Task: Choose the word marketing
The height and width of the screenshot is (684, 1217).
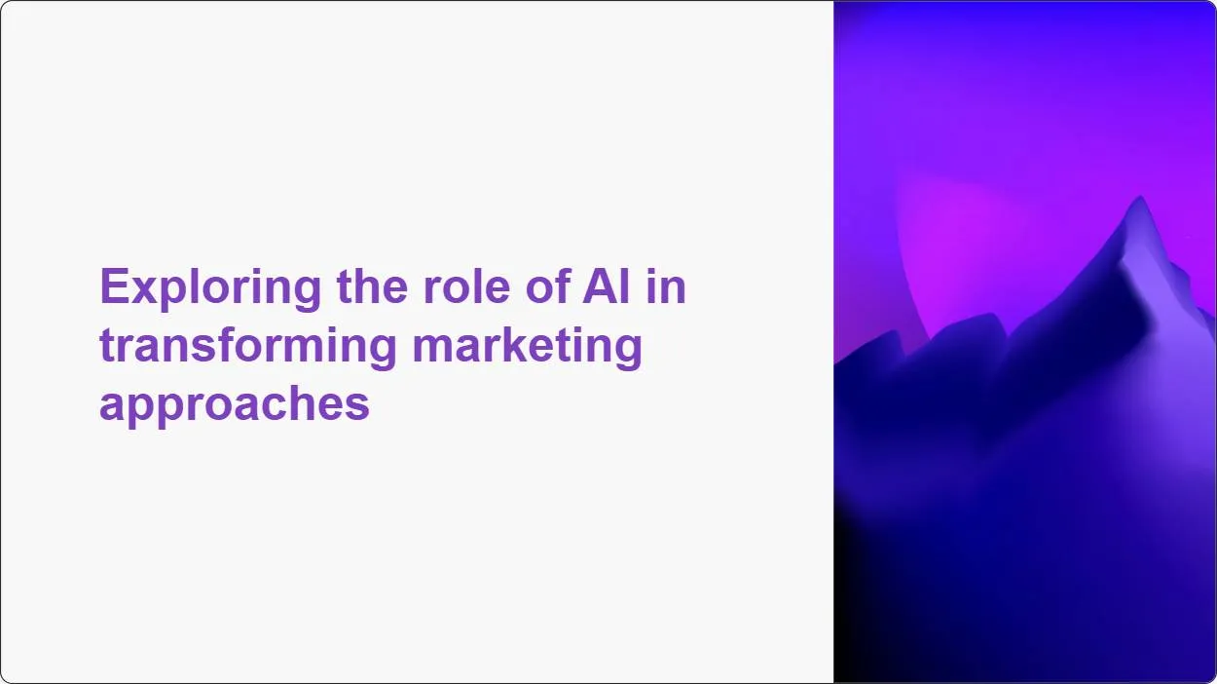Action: pyautogui.click(x=527, y=346)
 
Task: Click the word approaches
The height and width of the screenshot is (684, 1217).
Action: pyautogui.click(x=234, y=402)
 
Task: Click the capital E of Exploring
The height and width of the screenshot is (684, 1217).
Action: pyautogui.click(x=112, y=288)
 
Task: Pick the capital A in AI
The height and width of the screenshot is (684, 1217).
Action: pyautogui.click(x=598, y=288)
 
